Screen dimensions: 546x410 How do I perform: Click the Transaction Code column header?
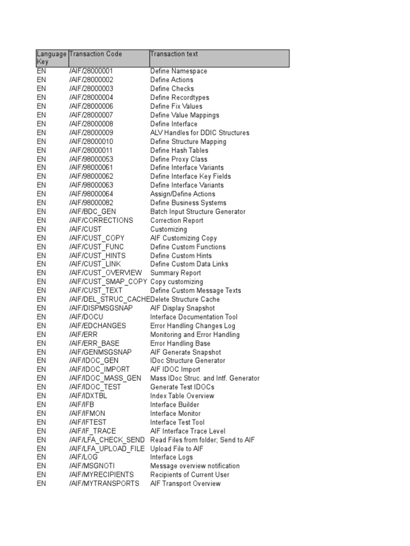click(x=96, y=54)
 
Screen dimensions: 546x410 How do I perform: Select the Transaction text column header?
click(x=174, y=54)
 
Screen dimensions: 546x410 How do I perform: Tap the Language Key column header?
click(x=51, y=58)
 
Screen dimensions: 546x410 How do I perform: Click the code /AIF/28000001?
click(x=91, y=71)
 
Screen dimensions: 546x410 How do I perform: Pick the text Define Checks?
click(x=172, y=89)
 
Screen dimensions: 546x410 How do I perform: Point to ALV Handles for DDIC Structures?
click(x=200, y=133)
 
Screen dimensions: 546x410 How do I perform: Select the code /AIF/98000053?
click(x=91, y=159)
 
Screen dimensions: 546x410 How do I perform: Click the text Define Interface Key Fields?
click(x=191, y=176)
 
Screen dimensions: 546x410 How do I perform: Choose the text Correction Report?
click(x=177, y=220)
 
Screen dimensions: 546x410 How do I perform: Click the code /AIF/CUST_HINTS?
click(x=97, y=255)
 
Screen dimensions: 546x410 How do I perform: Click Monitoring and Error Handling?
click(x=195, y=335)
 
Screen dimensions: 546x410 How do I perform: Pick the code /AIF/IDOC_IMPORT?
click(x=99, y=370)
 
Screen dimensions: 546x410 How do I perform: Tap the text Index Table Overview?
click(x=182, y=396)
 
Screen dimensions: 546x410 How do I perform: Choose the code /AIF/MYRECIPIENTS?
click(x=101, y=475)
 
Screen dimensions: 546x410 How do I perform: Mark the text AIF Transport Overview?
click(x=185, y=484)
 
